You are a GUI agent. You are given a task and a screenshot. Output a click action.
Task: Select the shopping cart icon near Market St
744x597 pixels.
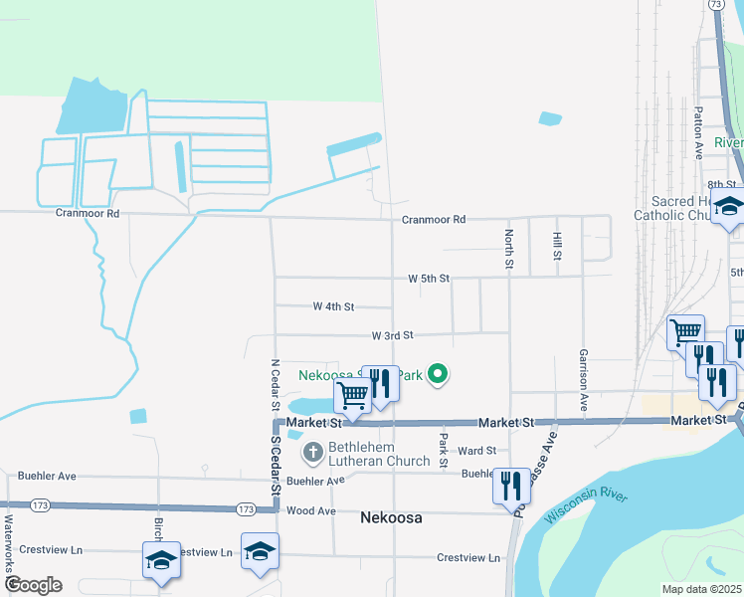(x=353, y=395)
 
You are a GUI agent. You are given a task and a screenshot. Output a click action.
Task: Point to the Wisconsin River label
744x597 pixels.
(x=587, y=506)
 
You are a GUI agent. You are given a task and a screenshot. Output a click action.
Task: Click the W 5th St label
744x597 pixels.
(x=429, y=279)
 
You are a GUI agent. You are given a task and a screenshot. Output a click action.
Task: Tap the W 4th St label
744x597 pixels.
(x=333, y=306)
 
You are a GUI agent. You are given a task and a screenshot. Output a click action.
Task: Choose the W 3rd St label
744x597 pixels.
(x=392, y=336)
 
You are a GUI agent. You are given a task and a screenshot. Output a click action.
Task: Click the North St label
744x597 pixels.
(x=508, y=250)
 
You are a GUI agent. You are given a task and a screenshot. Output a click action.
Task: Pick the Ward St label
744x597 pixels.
(x=476, y=451)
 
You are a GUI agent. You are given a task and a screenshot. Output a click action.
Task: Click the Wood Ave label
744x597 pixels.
(x=310, y=510)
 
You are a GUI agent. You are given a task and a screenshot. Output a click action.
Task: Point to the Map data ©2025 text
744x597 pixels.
(x=702, y=589)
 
